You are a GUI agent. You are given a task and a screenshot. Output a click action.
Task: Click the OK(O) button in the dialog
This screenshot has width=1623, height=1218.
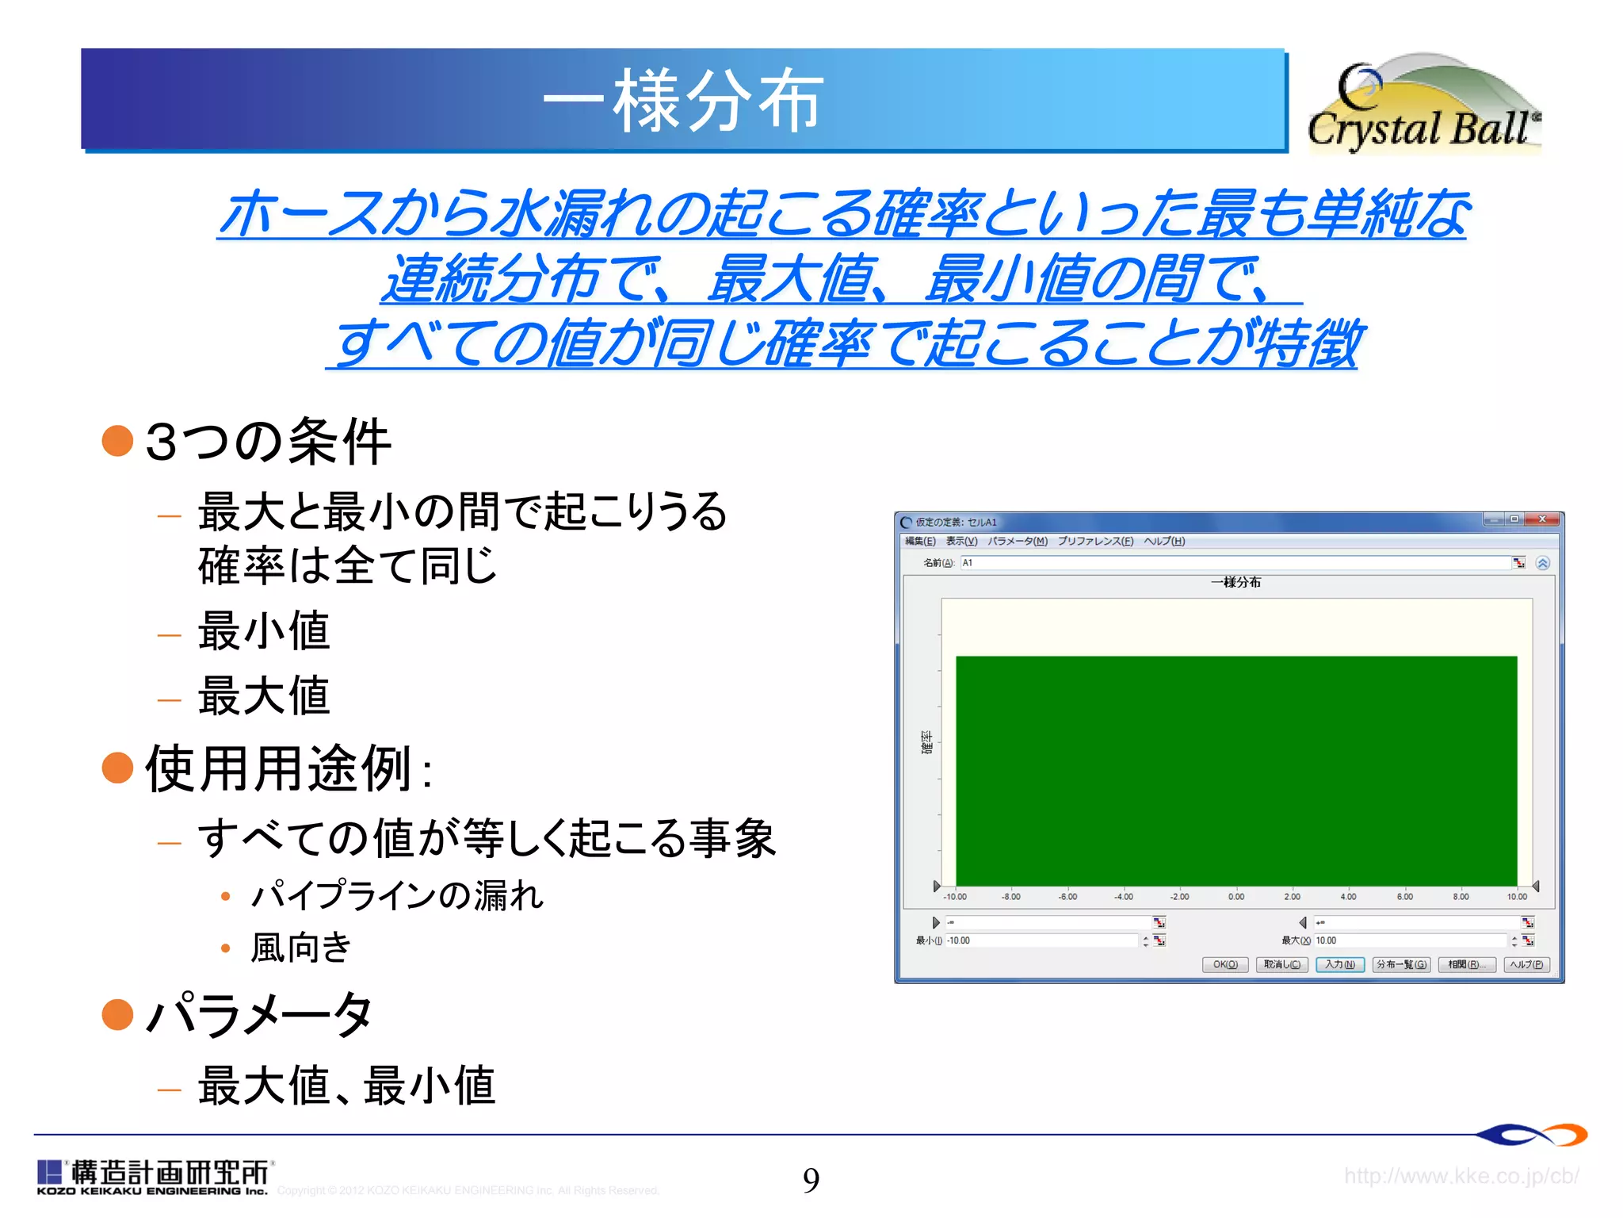click(1225, 964)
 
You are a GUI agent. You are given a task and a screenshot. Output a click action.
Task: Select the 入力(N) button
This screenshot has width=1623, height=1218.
click(1340, 964)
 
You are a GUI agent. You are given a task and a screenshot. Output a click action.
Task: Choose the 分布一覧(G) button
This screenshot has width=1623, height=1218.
click(1401, 964)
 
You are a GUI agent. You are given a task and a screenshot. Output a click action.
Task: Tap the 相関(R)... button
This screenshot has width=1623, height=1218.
click(1466, 964)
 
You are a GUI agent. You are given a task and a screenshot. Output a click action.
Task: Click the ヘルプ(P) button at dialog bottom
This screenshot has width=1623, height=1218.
click(1526, 964)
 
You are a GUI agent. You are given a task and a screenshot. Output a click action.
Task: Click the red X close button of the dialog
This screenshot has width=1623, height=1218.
click(1542, 519)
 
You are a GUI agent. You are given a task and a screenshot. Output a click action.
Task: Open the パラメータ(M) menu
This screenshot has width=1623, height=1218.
click(1017, 541)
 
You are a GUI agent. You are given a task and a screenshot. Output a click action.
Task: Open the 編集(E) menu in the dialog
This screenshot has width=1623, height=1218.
click(920, 541)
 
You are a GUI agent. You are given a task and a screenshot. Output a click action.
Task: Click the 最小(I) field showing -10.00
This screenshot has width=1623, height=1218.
click(1041, 940)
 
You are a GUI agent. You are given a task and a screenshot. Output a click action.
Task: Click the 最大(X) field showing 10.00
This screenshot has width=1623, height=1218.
click(1409, 940)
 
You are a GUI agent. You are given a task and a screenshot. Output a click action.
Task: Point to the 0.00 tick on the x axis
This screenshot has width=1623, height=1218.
click(1236, 897)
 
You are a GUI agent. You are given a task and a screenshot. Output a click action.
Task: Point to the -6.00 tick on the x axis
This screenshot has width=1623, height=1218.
click(1067, 897)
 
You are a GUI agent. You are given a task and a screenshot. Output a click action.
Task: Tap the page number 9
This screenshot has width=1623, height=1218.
click(811, 1180)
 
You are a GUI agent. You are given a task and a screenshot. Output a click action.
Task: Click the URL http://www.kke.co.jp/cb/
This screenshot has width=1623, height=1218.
click(1461, 1175)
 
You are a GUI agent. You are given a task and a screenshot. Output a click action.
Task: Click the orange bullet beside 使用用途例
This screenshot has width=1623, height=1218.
click(117, 767)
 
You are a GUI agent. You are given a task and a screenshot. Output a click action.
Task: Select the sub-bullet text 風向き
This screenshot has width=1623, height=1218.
click(301, 947)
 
